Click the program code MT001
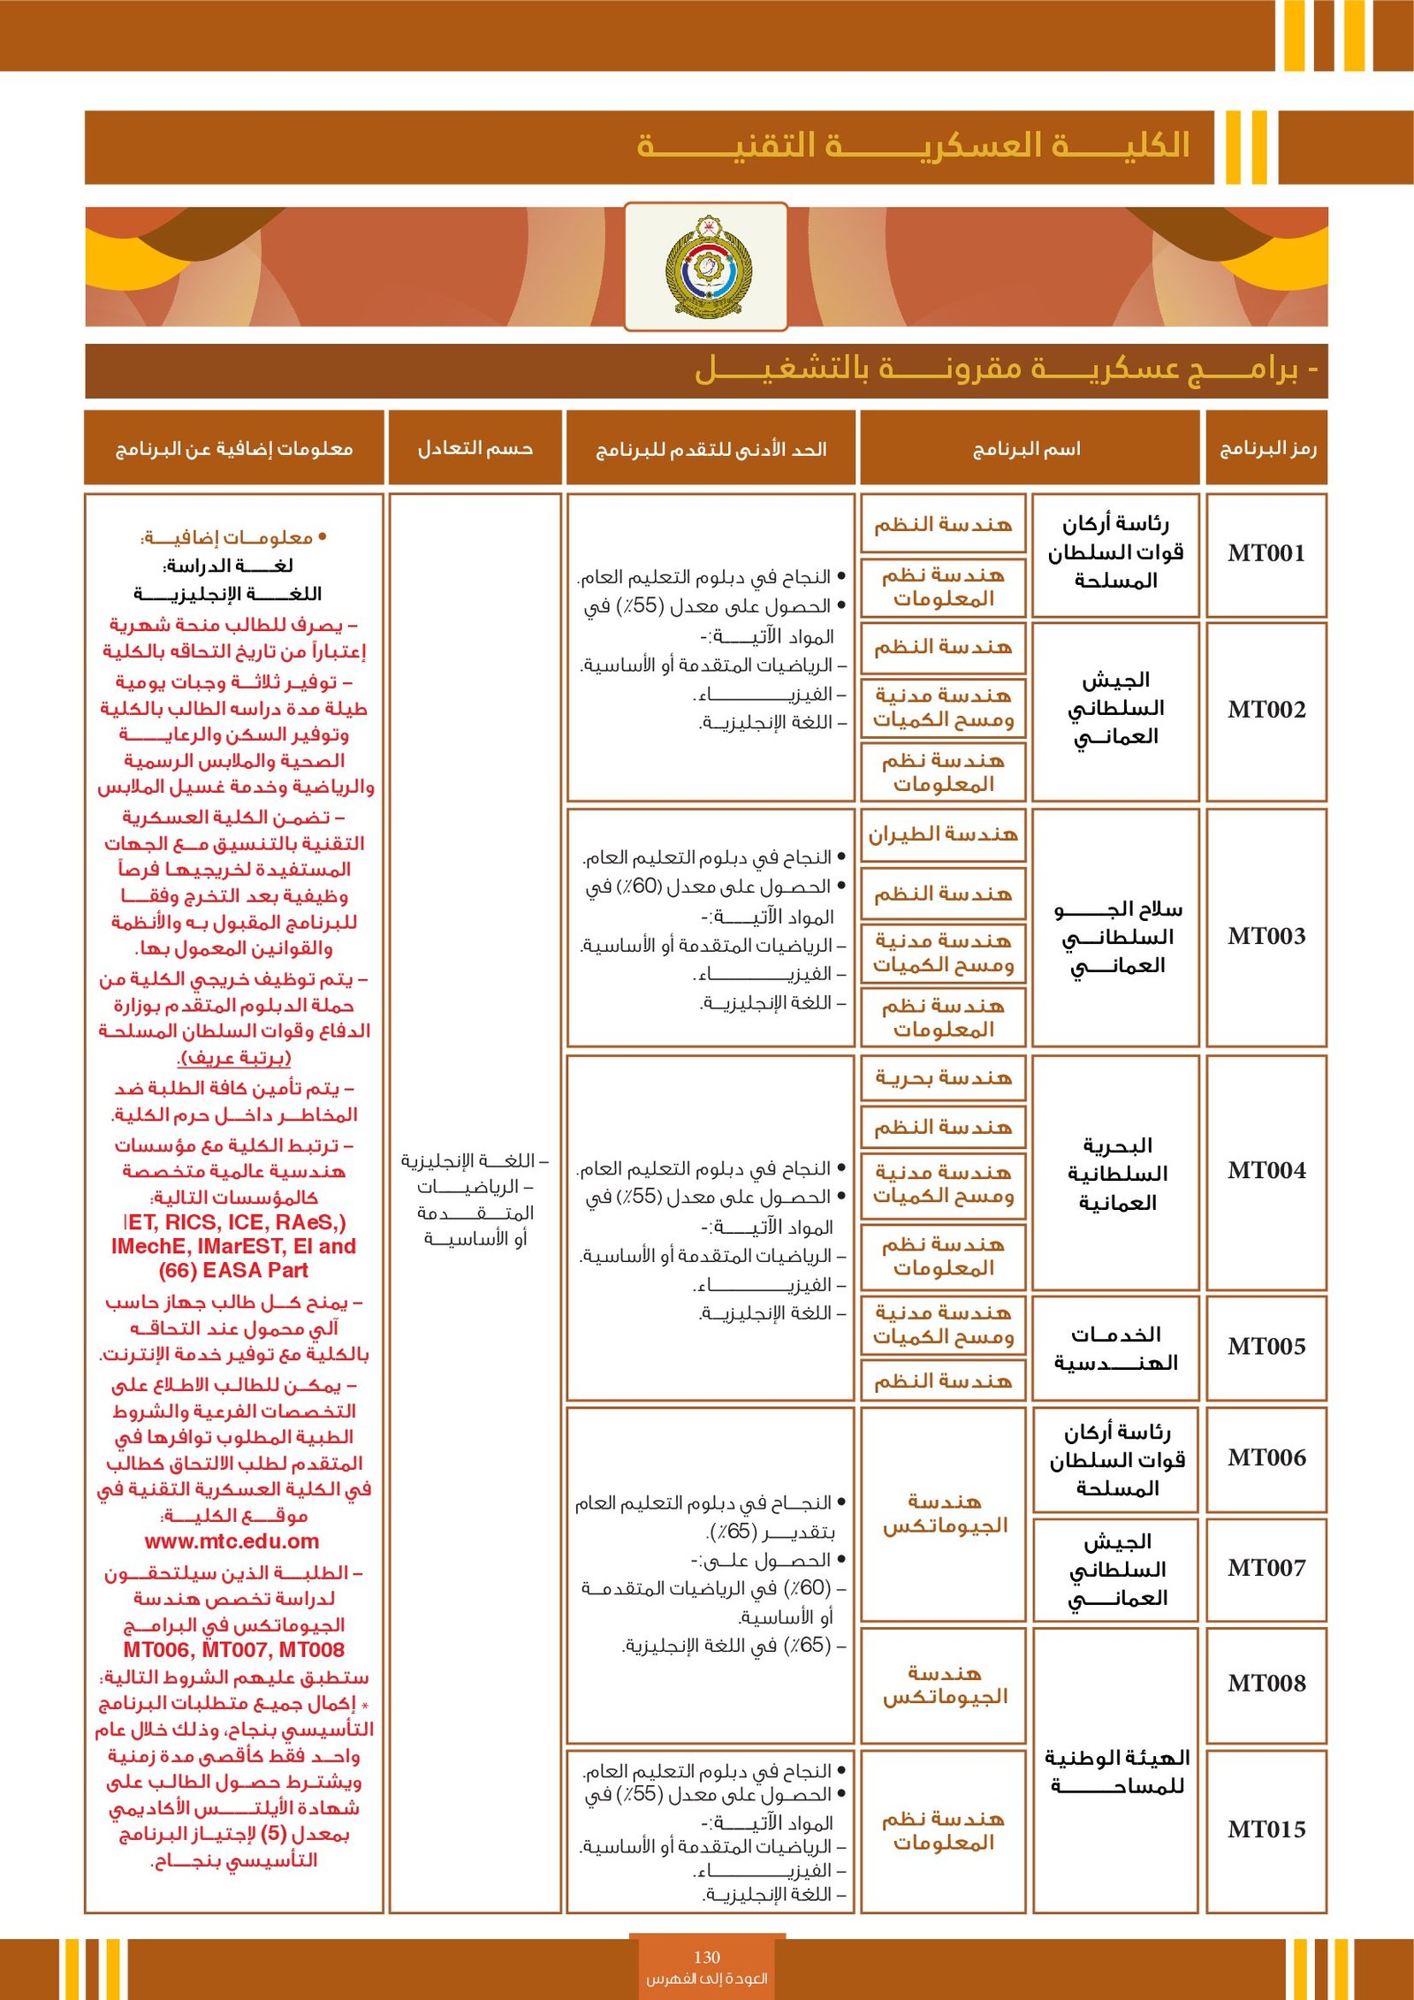pos(1266,553)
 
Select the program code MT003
pos(1266,936)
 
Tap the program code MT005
pos(1266,1347)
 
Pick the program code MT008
pos(1266,1684)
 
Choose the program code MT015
pos(1266,1829)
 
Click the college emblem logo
pos(706,266)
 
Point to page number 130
pos(706,1957)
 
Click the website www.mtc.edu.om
pos(232,1541)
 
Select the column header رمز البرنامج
pos(1267,449)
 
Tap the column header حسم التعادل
pos(475,449)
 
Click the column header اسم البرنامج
pos(1027,449)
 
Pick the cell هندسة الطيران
pos(943,834)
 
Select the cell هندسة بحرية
pos(943,1078)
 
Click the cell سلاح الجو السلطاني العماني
pos(1117,937)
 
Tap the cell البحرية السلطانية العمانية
pos(1117,1174)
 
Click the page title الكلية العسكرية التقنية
pos(913,146)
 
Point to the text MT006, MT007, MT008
pos(233,1650)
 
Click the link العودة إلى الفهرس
pos(706,1978)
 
